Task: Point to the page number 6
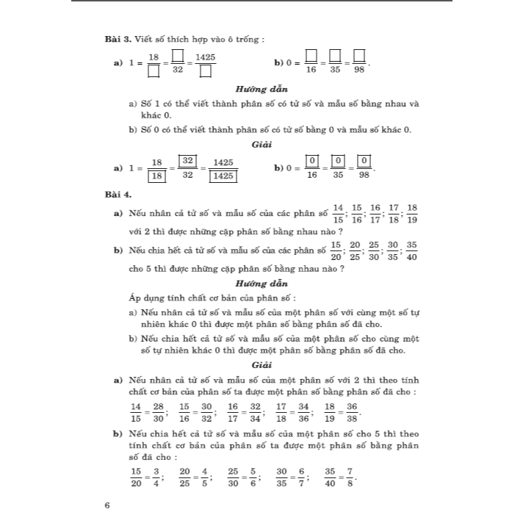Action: tap(108, 505)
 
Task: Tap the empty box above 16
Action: tap(311, 56)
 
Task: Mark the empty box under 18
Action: tap(154, 72)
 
